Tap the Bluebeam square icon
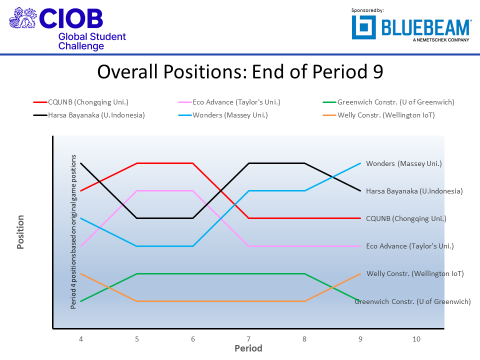coord(363,27)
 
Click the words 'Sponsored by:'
coord(367,10)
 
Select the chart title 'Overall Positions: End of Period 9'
coord(240,72)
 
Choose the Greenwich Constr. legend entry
coord(395,102)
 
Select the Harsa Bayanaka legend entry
coord(89,115)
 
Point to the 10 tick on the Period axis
coord(416,339)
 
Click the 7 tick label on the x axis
coord(248,339)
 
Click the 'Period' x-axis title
coord(248,348)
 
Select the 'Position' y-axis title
coord(21,232)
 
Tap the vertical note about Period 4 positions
coord(73,232)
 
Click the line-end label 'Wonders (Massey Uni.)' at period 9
coord(404,163)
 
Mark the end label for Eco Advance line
coord(409,246)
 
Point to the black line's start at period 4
coord(81,163)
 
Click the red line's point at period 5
coord(137,163)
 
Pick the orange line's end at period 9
coord(360,273)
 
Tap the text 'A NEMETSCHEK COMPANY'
coord(441,40)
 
